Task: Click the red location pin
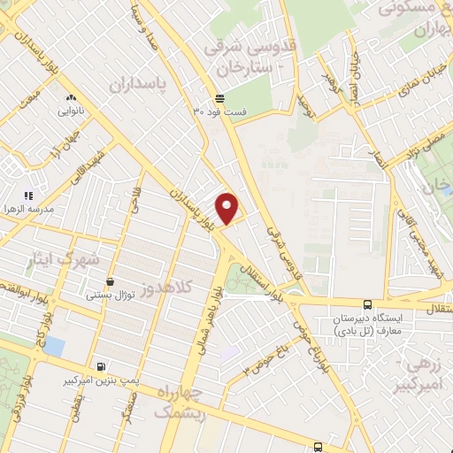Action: [x=227, y=208]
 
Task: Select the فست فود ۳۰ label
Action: [x=221, y=112]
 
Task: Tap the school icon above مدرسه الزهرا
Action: [x=28, y=195]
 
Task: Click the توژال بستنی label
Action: [x=111, y=295]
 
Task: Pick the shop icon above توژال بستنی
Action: [x=109, y=282]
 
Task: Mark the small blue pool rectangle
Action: [x=55, y=344]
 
